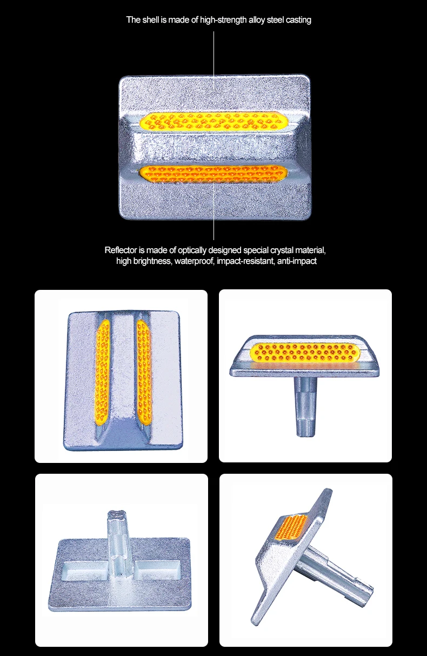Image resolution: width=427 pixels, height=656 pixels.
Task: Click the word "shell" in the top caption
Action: pyautogui.click(x=150, y=20)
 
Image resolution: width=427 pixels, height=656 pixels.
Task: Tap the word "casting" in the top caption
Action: pyautogui.click(x=297, y=20)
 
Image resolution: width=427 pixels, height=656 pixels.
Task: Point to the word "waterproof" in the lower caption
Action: pyautogui.click(x=194, y=261)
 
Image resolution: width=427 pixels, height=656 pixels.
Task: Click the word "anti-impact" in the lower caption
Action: pyautogui.click(x=296, y=261)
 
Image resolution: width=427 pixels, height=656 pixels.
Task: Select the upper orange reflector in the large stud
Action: pyautogui.click(x=214, y=121)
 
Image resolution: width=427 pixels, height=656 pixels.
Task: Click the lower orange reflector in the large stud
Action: pyautogui.click(x=214, y=173)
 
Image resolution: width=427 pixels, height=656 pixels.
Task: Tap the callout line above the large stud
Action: pyautogui.click(x=214, y=54)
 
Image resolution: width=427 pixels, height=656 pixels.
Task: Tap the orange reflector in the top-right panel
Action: pyautogui.click(x=306, y=351)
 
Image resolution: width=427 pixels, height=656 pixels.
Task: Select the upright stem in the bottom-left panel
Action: pyautogui.click(x=121, y=541)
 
